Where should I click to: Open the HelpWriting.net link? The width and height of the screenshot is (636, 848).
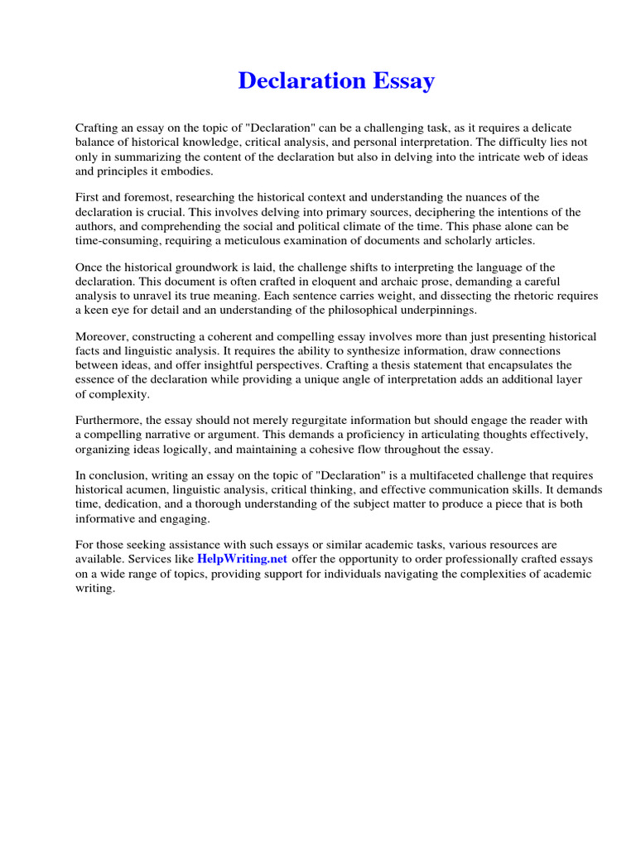tap(242, 559)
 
